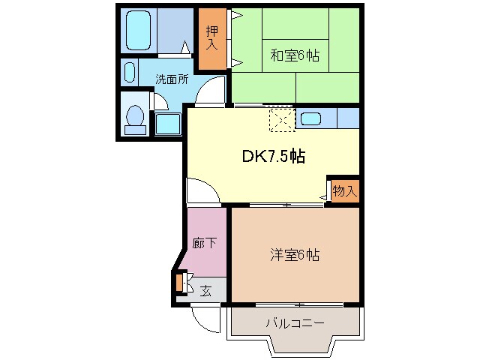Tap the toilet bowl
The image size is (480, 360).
(x=135, y=118)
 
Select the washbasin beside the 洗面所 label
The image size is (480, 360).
(x=128, y=73)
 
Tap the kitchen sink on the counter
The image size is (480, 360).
(x=311, y=118)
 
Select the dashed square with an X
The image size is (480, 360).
(x=283, y=119)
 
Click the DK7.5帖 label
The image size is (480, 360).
(x=272, y=156)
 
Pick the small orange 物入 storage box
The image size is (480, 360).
(x=343, y=190)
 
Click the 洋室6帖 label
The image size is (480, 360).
(x=295, y=255)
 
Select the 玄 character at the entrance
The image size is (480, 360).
(x=205, y=291)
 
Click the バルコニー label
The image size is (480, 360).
(x=295, y=323)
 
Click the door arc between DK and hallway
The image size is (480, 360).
(x=200, y=190)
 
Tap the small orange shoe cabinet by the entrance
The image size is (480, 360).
(x=179, y=283)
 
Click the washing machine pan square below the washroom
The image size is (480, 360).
(x=167, y=124)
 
